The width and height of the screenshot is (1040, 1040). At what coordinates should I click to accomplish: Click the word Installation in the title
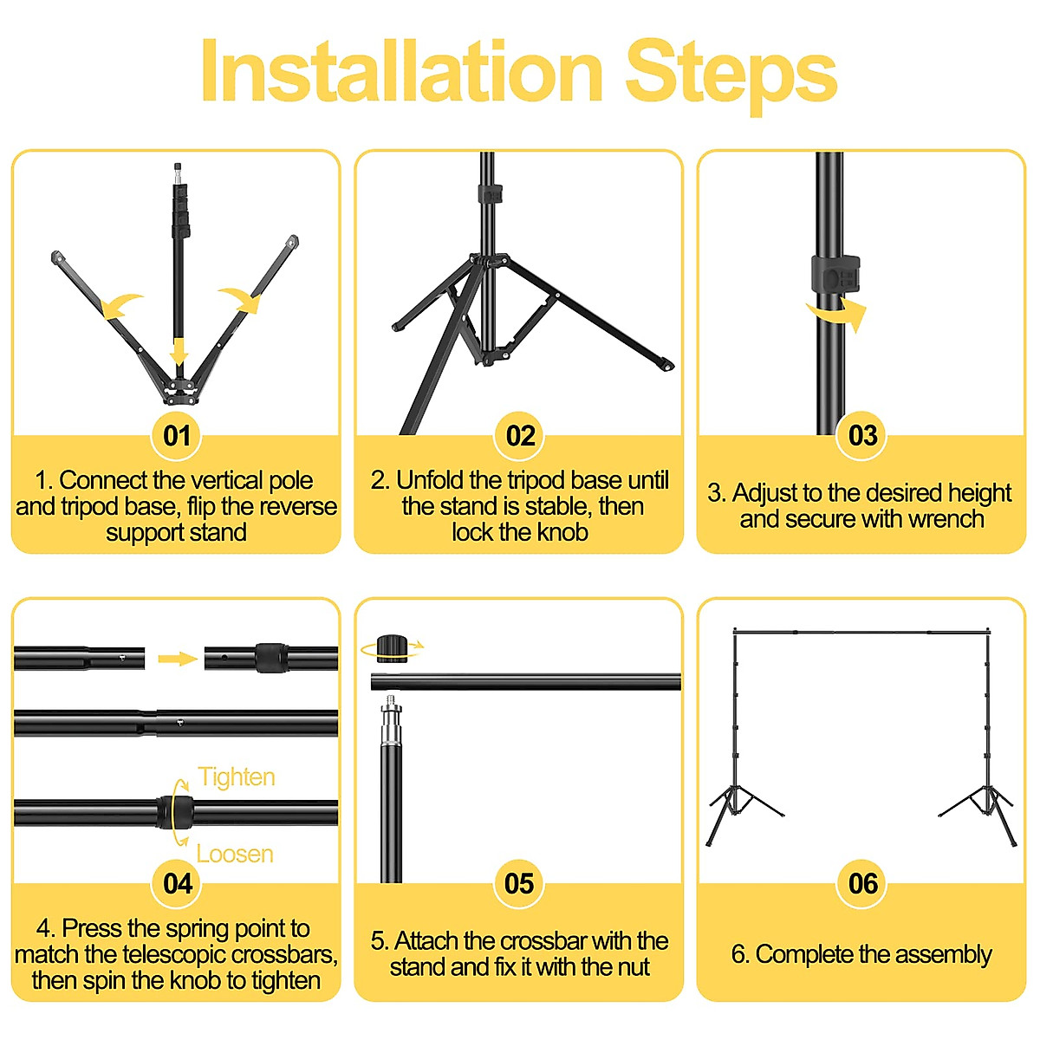click(x=402, y=70)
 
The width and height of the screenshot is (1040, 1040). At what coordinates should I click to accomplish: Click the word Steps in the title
click(x=731, y=76)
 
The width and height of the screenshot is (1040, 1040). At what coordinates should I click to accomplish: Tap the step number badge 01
click(x=177, y=436)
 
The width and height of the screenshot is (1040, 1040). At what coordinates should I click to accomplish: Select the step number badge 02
click(x=520, y=436)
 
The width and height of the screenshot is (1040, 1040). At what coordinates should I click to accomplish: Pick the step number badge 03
click(x=862, y=436)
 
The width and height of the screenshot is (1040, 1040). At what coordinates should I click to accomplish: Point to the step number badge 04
click(x=177, y=883)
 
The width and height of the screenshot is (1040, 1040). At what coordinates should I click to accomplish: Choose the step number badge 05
click(x=520, y=883)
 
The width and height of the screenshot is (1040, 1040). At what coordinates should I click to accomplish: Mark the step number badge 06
click(x=862, y=883)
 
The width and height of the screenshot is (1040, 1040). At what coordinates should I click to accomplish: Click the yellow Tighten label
click(x=237, y=778)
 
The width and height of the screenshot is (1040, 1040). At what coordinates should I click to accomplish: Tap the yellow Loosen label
click(x=235, y=854)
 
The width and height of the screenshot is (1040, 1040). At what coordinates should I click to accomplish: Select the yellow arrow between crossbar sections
click(x=179, y=659)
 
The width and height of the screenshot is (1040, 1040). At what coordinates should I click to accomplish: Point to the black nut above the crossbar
click(x=392, y=648)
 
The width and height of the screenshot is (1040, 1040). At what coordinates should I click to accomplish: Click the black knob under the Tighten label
click(x=175, y=812)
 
